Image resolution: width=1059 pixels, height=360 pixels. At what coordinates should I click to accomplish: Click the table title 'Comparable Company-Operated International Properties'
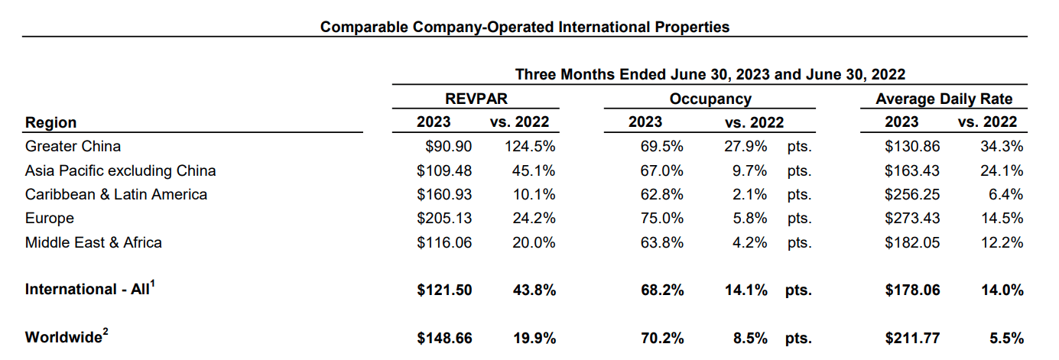coord(525,27)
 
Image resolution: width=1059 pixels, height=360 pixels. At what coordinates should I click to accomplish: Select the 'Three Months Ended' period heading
coord(710,74)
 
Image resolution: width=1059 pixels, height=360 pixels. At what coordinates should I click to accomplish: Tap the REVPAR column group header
coord(476,99)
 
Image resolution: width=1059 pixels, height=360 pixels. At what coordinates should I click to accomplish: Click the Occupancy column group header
coord(710,99)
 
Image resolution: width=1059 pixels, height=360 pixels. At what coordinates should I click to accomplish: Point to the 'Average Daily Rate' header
coord(944,99)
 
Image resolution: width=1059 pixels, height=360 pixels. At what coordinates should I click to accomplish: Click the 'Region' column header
coord(50,122)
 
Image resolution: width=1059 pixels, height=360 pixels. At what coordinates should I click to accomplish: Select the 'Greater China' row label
coord(73,145)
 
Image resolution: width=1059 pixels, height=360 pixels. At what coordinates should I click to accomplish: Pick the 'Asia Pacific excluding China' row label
coord(120,170)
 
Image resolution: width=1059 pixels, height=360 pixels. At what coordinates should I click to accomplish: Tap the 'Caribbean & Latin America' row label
coord(116,194)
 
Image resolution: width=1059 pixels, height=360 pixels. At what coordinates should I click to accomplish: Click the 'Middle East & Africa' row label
coord(93,242)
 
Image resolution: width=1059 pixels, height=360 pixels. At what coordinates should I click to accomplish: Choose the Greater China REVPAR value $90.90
coord(450,146)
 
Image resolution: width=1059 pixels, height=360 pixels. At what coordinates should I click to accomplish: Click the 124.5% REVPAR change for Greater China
coord(529,146)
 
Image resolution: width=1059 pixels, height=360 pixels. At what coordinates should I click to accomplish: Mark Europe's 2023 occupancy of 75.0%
coord(661,218)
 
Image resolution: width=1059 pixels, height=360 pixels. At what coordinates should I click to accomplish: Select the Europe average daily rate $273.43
coord(912,218)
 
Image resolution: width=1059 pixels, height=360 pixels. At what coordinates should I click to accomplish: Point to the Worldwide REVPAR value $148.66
coord(444,338)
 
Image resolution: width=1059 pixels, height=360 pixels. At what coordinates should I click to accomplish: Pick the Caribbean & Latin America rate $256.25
coord(912,194)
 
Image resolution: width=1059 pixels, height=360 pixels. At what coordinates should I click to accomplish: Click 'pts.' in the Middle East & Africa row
coord(798,242)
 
